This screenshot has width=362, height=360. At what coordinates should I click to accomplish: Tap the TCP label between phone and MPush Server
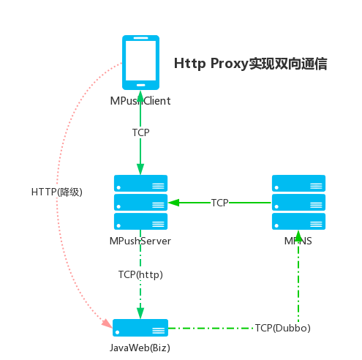click(x=141, y=132)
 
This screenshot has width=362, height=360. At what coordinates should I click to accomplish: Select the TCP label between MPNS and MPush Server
click(x=219, y=203)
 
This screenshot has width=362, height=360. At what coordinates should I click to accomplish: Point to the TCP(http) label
click(x=140, y=274)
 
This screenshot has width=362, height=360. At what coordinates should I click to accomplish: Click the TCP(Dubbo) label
click(x=283, y=328)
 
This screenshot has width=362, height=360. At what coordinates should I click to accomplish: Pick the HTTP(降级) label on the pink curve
click(x=58, y=192)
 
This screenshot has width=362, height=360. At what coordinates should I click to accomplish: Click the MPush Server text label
click(x=141, y=241)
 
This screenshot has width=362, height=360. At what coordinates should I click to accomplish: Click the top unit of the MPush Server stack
click(x=141, y=183)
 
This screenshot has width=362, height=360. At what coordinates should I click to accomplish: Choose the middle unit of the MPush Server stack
click(x=141, y=202)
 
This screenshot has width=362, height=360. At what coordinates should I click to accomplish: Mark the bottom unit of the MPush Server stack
click(x=141, y=221)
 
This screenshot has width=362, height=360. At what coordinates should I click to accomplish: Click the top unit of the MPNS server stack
click(x=298, y=183)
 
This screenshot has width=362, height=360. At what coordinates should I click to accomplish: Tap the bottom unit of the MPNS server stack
click(x=298, y=221)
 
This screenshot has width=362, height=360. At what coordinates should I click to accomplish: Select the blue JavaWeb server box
click(x=141, y=328)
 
